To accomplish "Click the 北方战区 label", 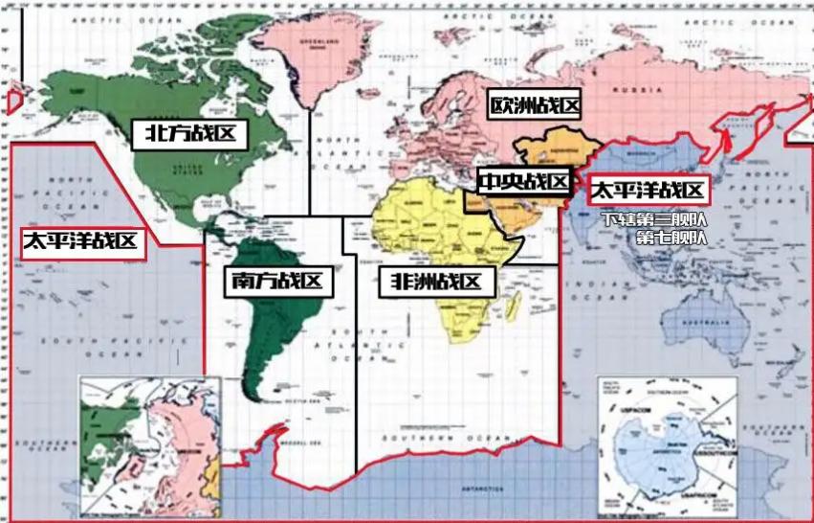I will [x=189, y=133].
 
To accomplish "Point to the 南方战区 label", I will [x=275, y=282].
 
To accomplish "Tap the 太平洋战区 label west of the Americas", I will [x=81, y=241].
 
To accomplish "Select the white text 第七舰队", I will [x=671, y=237].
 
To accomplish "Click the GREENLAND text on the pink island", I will [x=321, y=42].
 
